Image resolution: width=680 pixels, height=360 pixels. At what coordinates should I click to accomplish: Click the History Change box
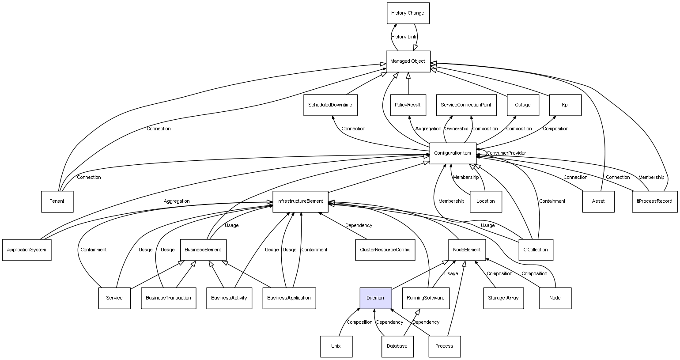(408, 13)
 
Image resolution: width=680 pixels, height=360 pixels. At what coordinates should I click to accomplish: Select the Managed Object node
(408, 61)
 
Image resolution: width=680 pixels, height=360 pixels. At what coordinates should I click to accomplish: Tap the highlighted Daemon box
(375, 298)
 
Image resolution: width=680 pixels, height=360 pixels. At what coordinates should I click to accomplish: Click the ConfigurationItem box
(453, 153)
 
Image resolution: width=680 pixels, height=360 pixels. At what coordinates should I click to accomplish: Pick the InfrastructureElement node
(300, 201)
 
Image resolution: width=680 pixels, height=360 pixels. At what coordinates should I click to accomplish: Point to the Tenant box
(57, 201)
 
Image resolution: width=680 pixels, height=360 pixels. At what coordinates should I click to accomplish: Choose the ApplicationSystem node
(26, 250)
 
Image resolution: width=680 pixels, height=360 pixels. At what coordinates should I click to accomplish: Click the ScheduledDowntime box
(330, 105)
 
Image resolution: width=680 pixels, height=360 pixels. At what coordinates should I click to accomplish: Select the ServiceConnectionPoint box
(466, 105)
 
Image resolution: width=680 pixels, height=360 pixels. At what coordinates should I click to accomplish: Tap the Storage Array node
(503, 298)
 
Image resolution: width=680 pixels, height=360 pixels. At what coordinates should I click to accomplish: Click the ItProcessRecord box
(654, 201)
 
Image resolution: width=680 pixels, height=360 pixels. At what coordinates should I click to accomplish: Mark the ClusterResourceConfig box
(385, 250)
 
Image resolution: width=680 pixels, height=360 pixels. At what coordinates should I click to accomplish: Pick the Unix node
(336, 346)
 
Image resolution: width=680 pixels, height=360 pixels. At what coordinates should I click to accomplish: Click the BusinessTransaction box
(168, 298)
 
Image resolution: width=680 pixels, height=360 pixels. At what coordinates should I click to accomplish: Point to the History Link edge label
(404, 37)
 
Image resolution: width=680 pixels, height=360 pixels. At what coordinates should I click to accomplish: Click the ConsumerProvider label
(506, 153)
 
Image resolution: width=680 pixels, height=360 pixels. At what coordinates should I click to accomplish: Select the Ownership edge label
(456, 129)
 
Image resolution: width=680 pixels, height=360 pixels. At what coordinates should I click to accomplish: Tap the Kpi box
(565, 105)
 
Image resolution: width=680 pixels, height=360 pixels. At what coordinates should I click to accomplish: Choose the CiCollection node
(535, 250)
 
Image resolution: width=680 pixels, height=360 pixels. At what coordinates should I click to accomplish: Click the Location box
(486, 201)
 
